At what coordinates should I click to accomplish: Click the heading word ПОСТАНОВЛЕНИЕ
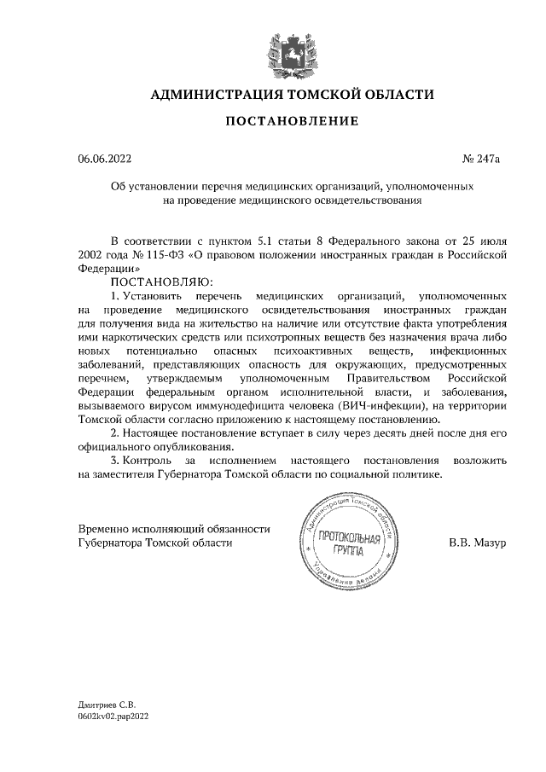[x=292, y=121]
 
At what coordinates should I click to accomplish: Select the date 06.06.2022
[x=105, y=159]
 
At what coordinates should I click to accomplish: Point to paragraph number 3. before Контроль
[x=117, y=461]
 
